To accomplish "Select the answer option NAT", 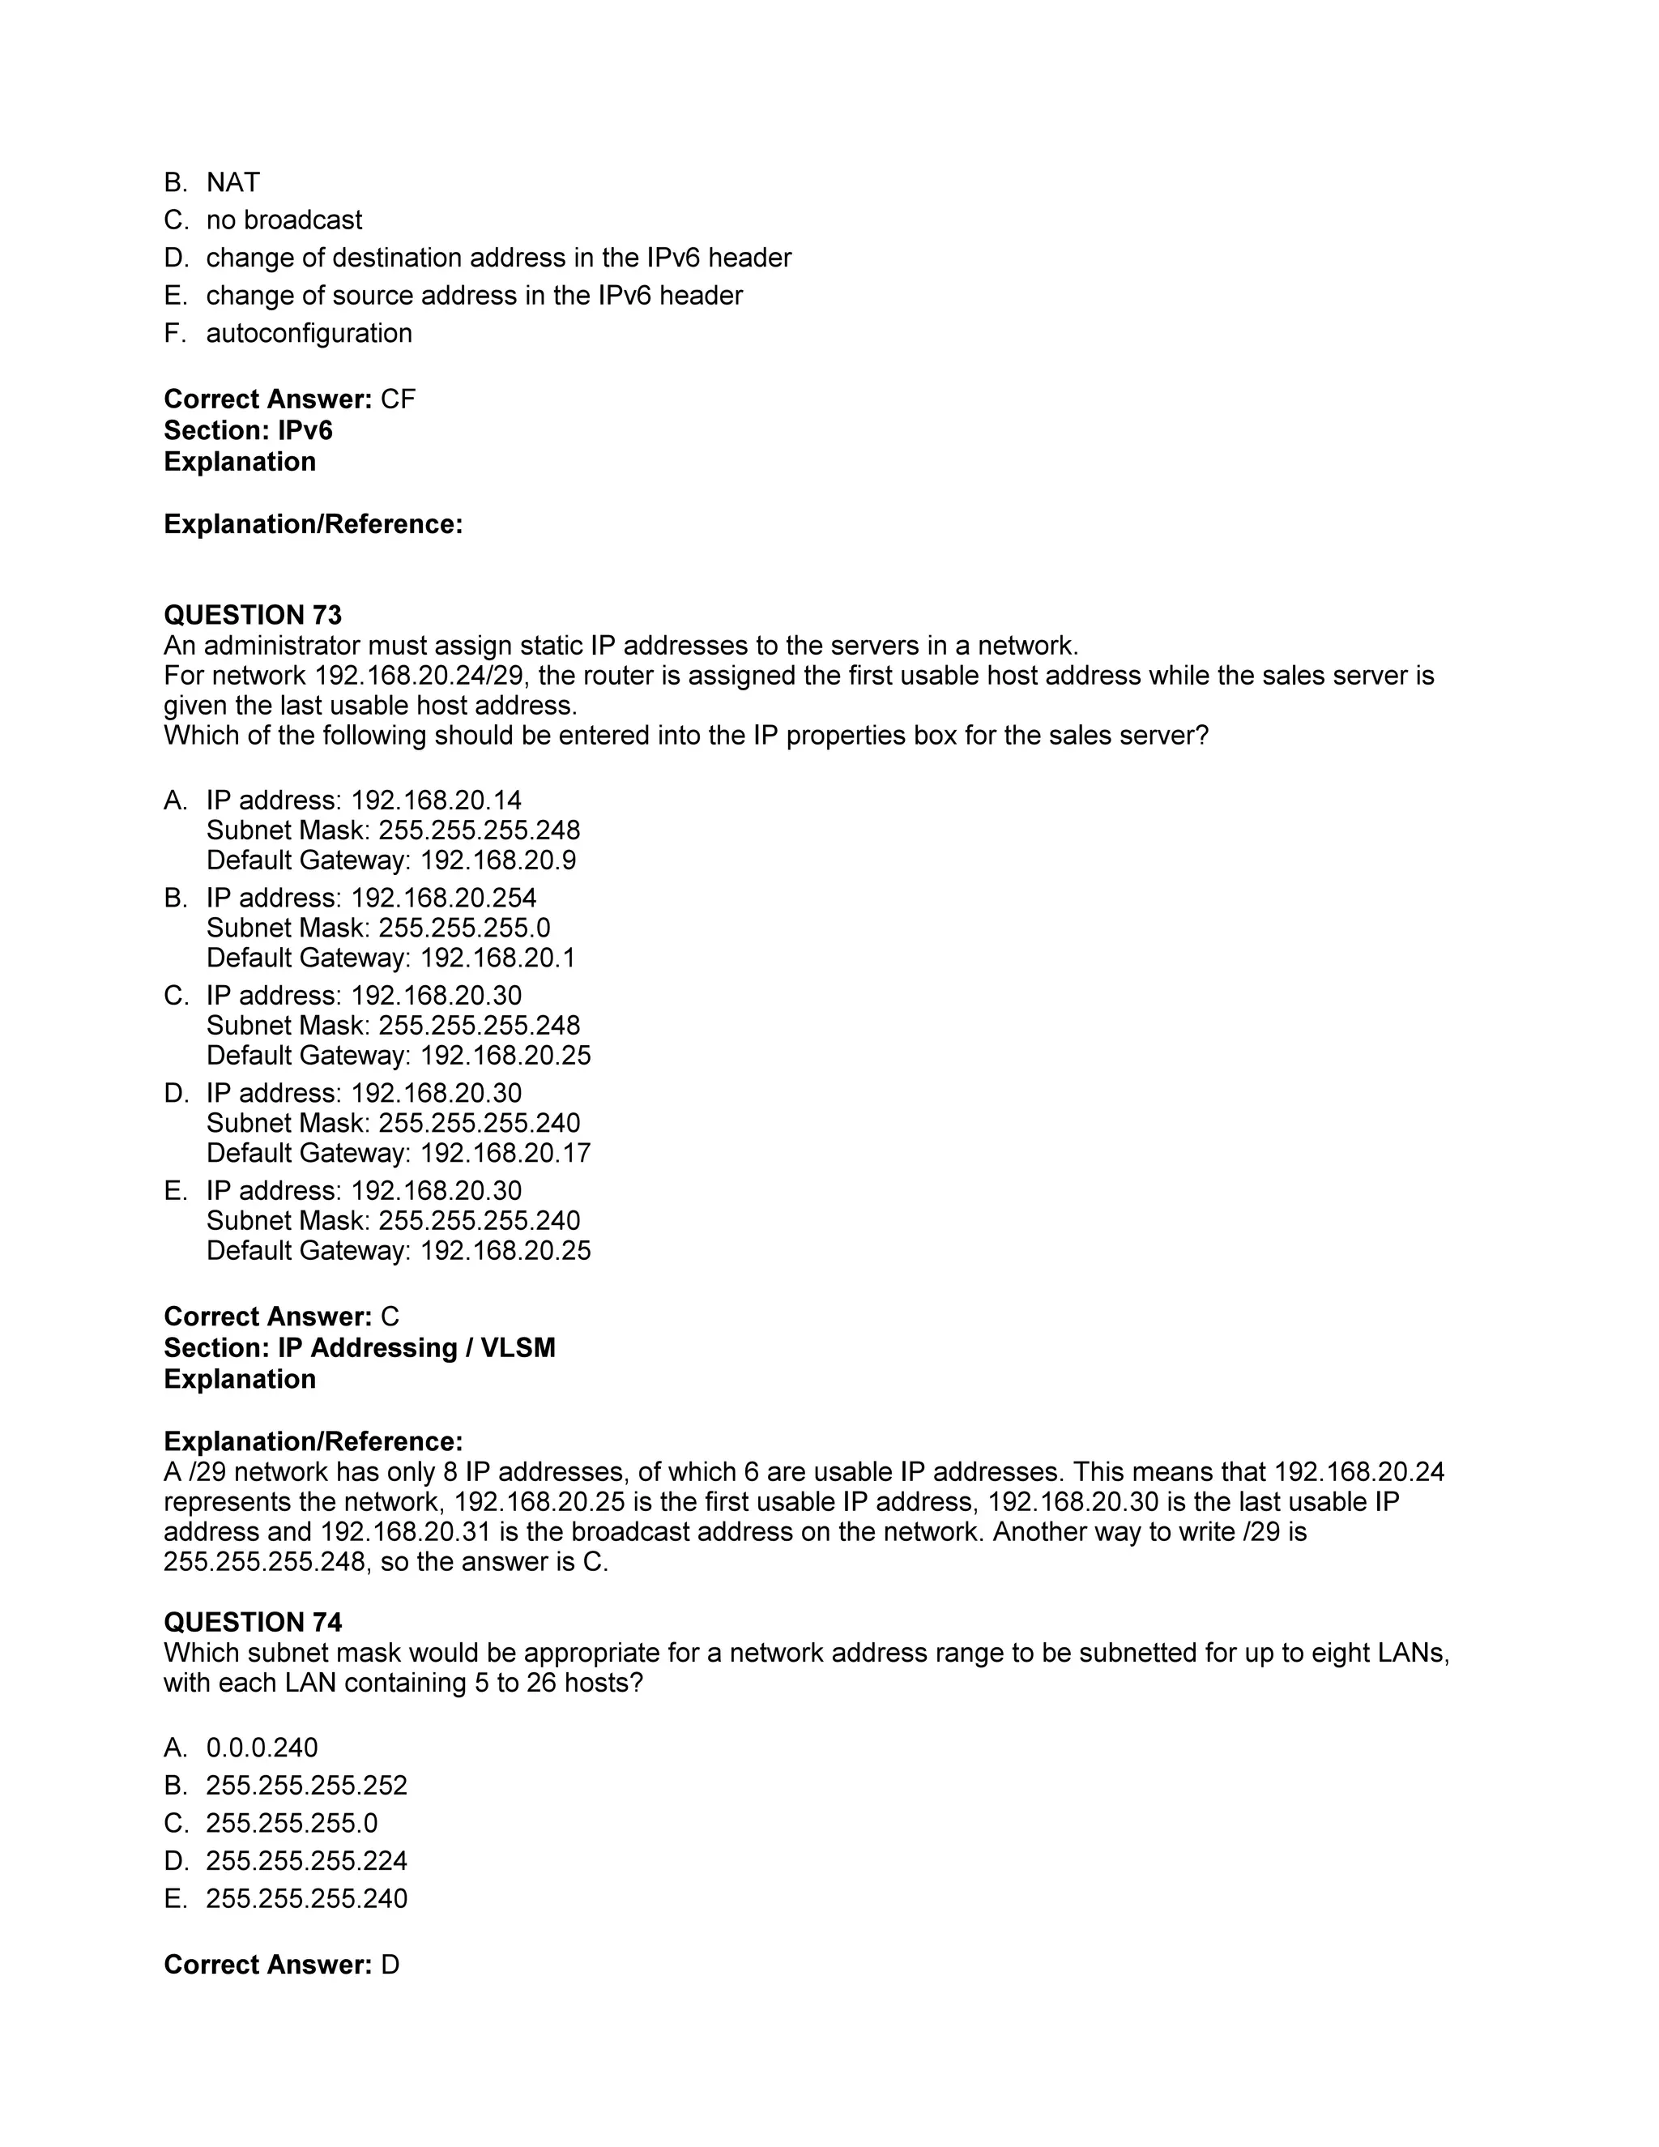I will click(233, 183).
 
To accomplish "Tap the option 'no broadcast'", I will click(284, 220).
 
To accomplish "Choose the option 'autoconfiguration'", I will click(309, 333).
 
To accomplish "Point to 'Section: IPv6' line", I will click(248, 430).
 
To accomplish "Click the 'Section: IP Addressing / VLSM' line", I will click(359, 1348).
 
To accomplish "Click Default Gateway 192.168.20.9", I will click(391, 860).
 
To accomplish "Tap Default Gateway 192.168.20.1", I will click(391, 958).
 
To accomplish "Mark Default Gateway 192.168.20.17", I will click(398, 1152).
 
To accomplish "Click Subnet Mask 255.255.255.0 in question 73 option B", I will click(378, 928).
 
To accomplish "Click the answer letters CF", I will click(398, 399).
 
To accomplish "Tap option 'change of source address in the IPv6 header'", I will click(474, 296).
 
